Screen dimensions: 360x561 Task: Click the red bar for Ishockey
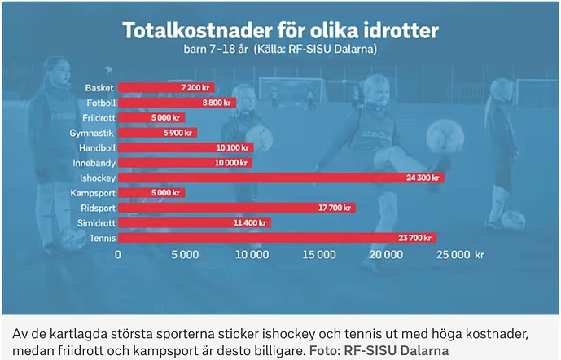click(x=281, y=178)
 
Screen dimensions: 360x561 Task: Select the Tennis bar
click(x=277, y=238)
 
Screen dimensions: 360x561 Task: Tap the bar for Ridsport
click(x=236, y=208)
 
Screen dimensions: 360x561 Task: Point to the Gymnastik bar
click(x=157, y=133)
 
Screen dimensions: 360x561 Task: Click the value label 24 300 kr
click(x=423, y=178)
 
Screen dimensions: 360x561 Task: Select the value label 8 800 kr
click(x=217, y=103)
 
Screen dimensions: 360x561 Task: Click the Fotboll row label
click(x=101, y=103)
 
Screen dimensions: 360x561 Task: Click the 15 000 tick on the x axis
click(x=318, y=254)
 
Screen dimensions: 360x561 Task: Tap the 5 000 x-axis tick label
click(x=185, y=254)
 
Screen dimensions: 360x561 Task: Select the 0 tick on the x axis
click(x=119, y=254)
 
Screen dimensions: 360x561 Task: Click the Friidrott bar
click(x=151, y=117)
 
